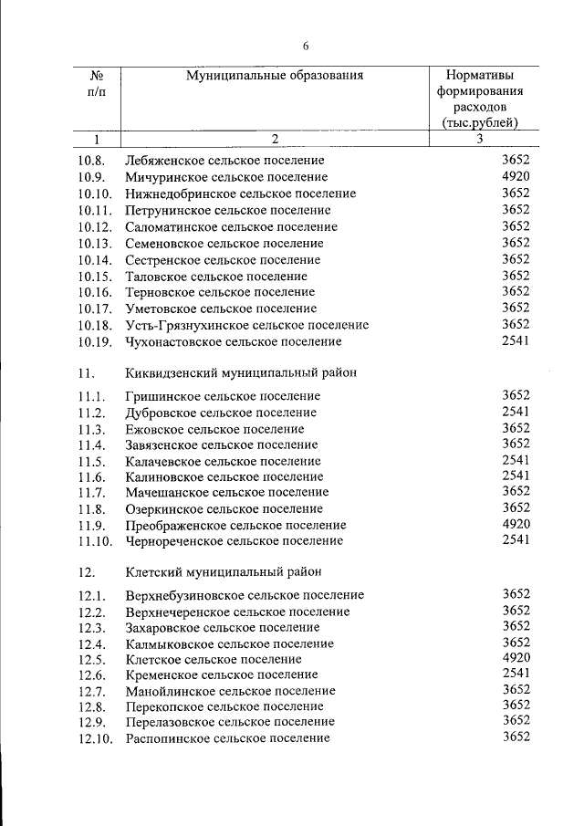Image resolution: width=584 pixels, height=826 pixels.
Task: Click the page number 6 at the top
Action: [x=307, y=47]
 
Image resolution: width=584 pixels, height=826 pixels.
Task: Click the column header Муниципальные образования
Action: [x=275, y=76]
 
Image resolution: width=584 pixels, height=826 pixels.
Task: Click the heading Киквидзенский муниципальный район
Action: [x=241, y=373]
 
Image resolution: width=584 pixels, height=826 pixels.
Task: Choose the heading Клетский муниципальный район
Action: [x=223, y=572]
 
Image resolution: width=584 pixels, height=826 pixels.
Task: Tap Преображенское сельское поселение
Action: [x=235, y=526]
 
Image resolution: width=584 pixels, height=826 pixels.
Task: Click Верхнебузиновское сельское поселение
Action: [x=245, y=595]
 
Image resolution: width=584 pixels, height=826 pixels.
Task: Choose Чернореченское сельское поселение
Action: [x=234, y=542]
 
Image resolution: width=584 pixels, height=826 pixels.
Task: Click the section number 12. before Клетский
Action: [x=88, y=572]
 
